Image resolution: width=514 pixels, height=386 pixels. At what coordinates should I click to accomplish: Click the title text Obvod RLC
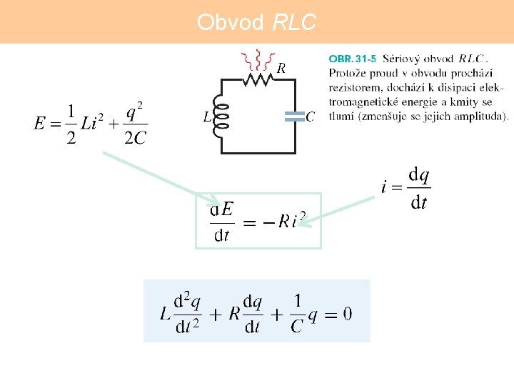[256, 23]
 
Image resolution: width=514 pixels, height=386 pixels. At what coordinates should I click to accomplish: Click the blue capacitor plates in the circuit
[294, 117]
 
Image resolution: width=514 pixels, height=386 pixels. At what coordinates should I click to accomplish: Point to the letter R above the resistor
[281, 68]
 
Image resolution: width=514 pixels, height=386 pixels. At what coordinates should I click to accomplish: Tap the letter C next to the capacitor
[310, 117]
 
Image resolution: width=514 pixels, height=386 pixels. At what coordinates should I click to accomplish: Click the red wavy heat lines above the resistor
[257, 59]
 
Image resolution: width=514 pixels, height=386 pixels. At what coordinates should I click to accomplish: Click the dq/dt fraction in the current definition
[419, 188]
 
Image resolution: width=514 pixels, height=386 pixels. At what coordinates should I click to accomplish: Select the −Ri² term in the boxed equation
[286, 221]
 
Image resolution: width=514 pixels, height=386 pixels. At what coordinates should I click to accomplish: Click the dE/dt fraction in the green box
[223, 221]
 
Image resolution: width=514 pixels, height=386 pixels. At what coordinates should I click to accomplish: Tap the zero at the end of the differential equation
[347, 313]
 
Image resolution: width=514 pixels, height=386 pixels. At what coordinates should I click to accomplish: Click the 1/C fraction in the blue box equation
[297, 313]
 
